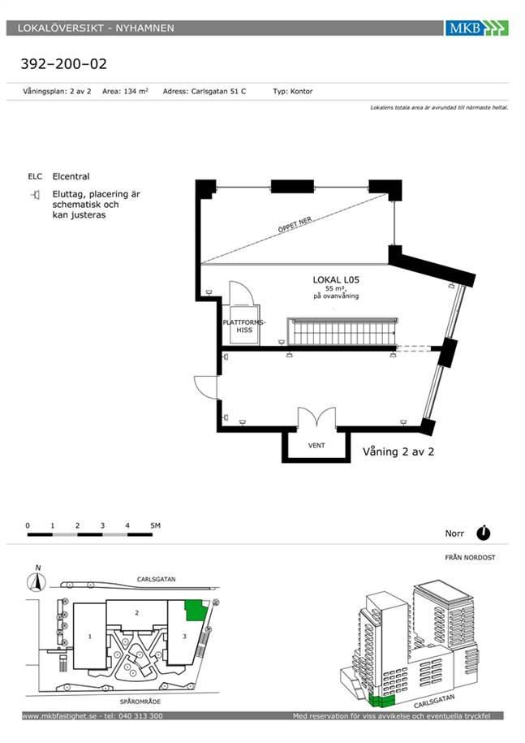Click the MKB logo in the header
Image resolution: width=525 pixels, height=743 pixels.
[x=476, y=28]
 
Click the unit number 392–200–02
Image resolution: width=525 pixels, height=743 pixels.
[x=64, y=63]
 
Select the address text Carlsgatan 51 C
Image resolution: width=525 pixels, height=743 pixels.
[x=218, y=91]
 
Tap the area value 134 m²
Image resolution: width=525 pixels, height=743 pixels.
[x=136, y=91]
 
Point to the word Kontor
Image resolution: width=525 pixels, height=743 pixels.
[x=302, y=91]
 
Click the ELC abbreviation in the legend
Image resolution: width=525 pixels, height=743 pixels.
[x=35, y=176]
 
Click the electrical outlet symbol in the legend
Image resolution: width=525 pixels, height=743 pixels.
[x=35, y=194]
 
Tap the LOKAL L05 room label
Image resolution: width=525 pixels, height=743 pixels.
[x=336, y=279]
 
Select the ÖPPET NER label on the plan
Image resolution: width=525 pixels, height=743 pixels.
[x=295, y=224]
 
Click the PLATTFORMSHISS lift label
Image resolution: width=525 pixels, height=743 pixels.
[x=244, y=326]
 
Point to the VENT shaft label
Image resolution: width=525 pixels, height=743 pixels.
[x=316, y=446]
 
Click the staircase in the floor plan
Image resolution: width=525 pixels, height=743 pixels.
[x=342, y=331]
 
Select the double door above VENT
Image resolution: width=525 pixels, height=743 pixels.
[x=316, y=419]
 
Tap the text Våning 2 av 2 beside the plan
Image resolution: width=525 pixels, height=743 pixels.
[x=398, y=451]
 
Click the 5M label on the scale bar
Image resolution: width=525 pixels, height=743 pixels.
[x=155, y=525]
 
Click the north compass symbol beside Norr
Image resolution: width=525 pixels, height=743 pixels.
[x=484, y=533]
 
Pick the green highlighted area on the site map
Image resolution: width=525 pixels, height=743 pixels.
[x=195, y=611]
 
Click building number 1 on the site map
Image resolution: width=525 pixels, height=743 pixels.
[x=89, y=637]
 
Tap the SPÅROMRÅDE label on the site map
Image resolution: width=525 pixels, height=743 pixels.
[x=140, y=702]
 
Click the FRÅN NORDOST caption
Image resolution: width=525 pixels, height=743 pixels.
[x=470, y=557]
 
